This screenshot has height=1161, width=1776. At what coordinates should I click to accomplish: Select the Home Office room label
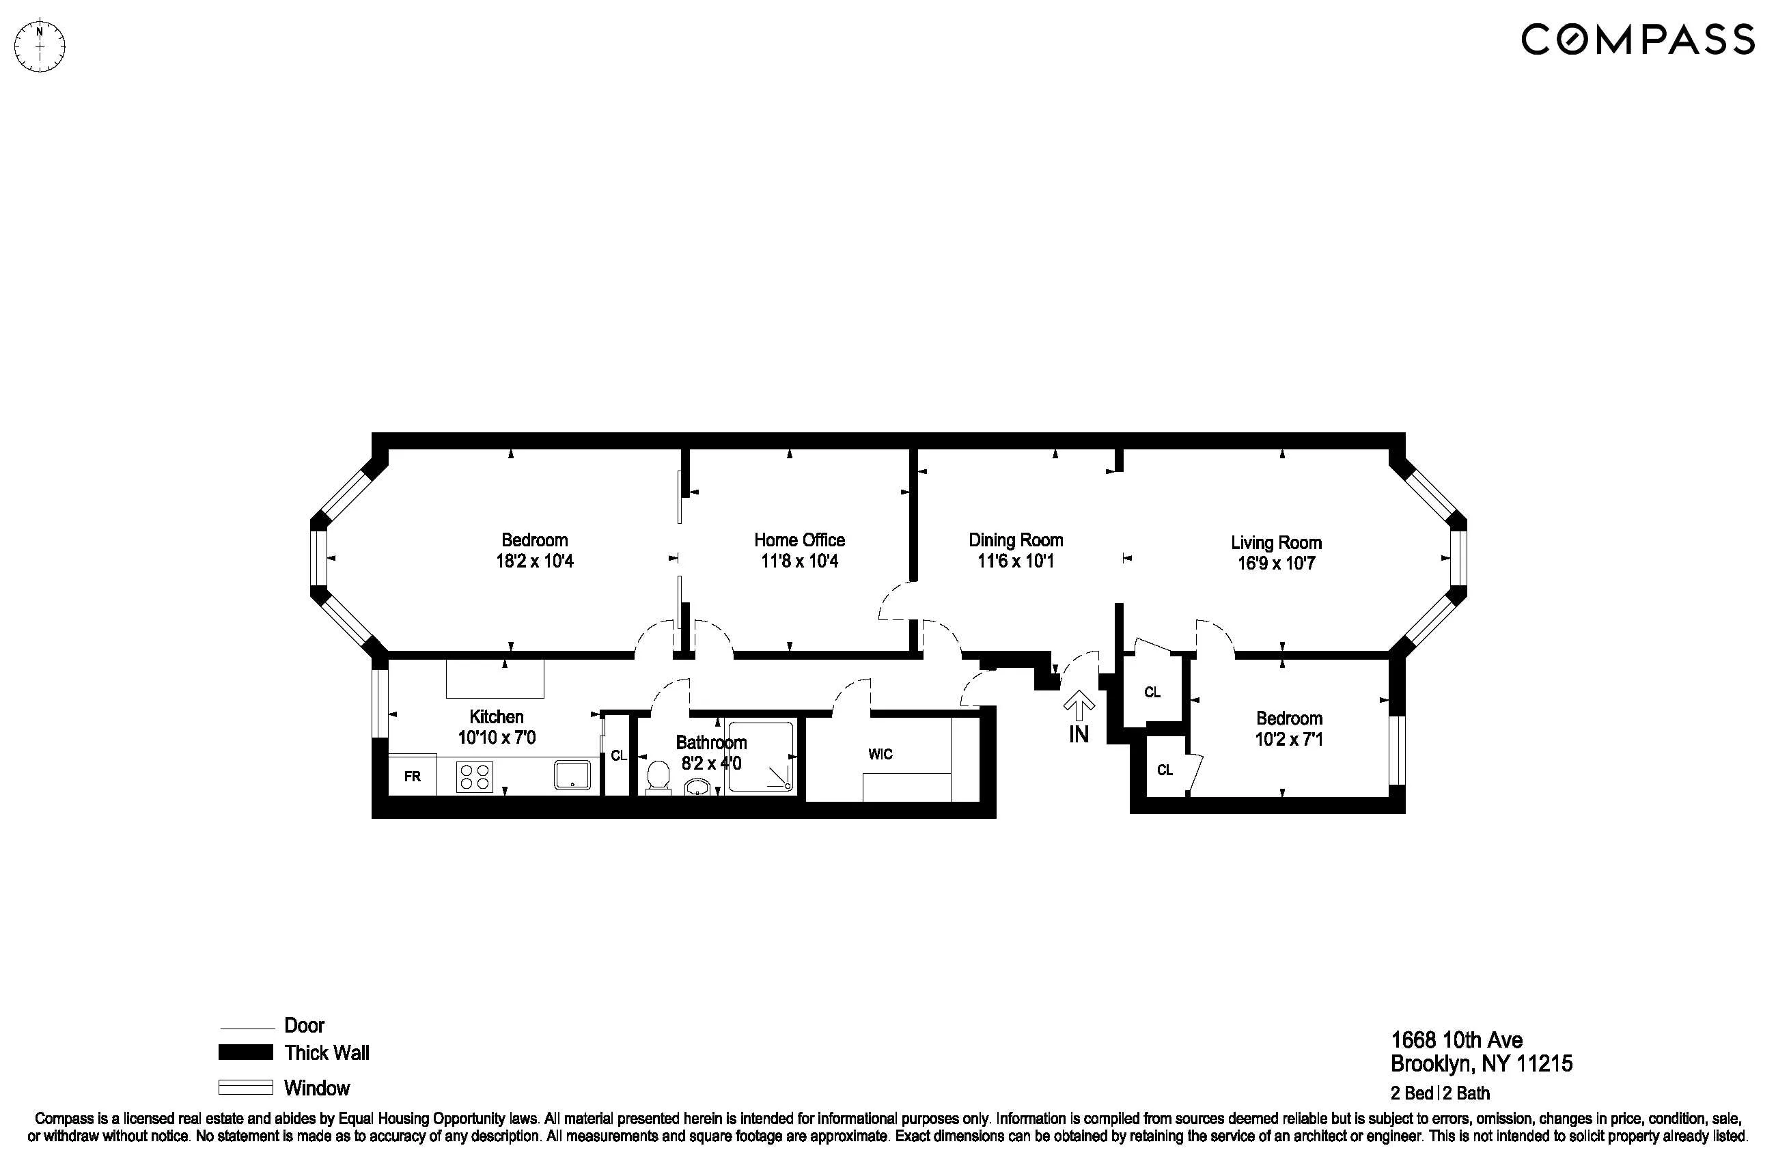pos(799,540)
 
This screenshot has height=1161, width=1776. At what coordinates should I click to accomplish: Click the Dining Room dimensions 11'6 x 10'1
pos(1016,561)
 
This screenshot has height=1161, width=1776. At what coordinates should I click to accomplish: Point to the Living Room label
pos(1276,542)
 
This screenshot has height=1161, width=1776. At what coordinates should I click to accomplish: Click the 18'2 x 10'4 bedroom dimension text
pos(534,561)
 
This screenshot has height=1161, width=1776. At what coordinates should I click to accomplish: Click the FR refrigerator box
pos(412,776)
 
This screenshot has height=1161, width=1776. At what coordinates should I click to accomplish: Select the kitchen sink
pos(572,775)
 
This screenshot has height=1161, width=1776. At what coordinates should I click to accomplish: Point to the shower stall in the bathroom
pos(760,756)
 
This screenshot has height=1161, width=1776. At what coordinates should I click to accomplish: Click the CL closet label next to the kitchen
pos(619,756)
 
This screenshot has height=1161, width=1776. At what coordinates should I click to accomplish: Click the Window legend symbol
pos(245,1088)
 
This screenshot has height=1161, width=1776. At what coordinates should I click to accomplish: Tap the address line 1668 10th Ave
pos(1456,1040)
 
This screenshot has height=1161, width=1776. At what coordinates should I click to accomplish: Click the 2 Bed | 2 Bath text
pos(1440,1093)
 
